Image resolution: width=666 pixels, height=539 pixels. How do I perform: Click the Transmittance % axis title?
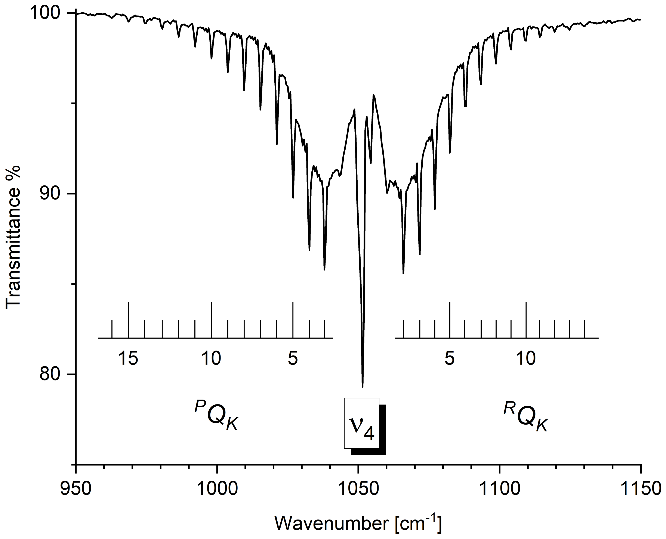[13, 237]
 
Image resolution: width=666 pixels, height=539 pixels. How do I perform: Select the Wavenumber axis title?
[358, 523]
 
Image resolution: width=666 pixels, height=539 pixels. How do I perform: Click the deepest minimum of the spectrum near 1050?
[362, 386]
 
